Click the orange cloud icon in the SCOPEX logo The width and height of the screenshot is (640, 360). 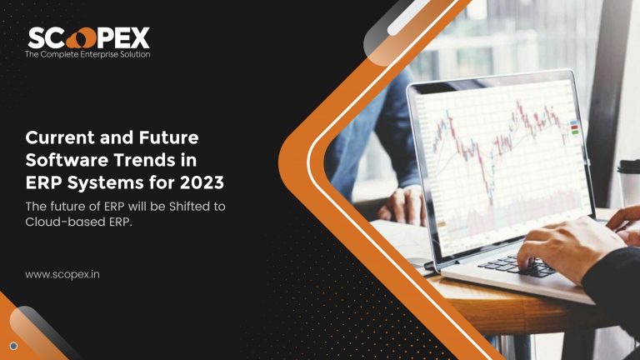[81, 38]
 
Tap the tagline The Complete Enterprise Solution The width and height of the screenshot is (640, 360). [87, 54]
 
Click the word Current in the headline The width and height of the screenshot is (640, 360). [60, 137]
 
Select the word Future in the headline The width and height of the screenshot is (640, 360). [168, 137]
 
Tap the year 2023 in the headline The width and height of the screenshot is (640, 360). [202, 182]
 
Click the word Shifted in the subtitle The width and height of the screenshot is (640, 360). [188, 206]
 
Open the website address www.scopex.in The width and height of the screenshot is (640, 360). [62, 275]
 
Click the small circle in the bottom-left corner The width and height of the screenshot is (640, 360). [13, 346]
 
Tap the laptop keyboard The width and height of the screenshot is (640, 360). [517, 265]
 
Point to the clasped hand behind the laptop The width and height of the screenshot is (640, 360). [402, 205]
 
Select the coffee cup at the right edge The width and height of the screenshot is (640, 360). [628, 182]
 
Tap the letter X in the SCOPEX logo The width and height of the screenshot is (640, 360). [140, 38]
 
